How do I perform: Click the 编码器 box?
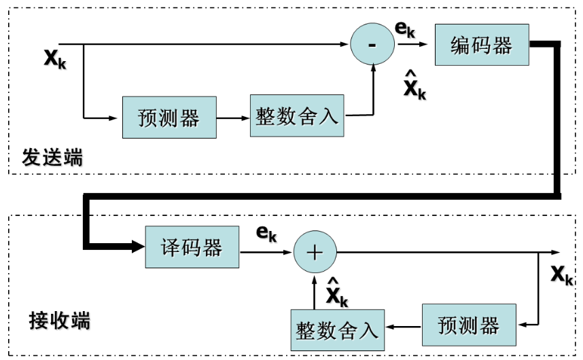481,46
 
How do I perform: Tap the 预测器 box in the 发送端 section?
169,118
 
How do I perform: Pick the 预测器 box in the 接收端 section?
469,325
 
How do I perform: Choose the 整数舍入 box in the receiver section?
337,330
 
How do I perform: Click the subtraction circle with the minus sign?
372,45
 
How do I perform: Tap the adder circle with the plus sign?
315,253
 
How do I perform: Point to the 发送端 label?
52,158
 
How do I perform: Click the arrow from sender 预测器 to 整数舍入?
233,118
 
